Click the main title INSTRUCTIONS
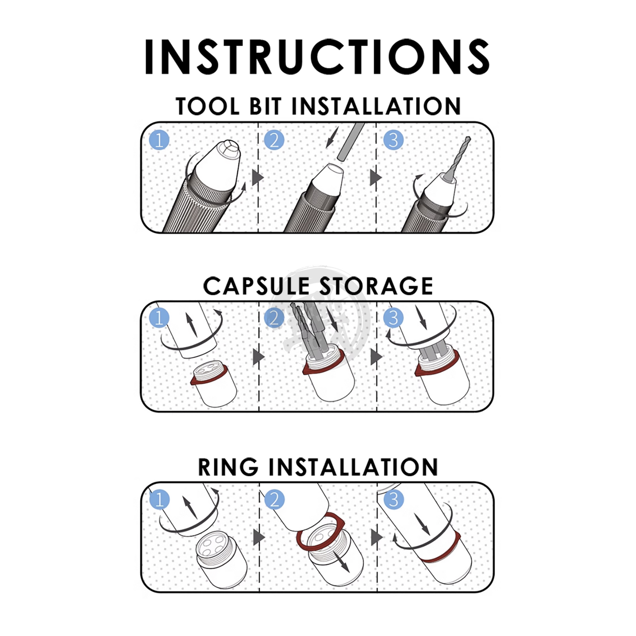[x=317, y=56]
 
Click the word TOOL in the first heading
[x=208, y=106]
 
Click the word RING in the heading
[x=228, y=467]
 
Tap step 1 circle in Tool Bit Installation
[x=159, y=140]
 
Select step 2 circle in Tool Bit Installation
[x=274, y=140]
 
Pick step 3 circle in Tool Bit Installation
[x=393, y=140]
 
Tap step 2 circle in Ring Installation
[x=274, y=500]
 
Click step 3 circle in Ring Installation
[x=393, y=500]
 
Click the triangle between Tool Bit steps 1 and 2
[x=258, y=177]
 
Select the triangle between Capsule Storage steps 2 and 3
[x=376, y=357]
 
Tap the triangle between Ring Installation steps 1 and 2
[x=259, y=537]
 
